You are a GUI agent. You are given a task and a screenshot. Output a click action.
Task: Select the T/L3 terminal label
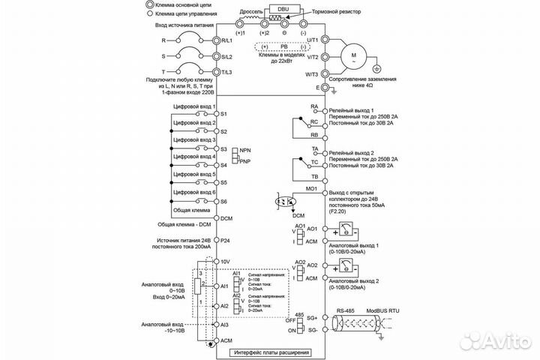tap(224, 73)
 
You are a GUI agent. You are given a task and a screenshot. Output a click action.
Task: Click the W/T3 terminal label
tap(310, 73)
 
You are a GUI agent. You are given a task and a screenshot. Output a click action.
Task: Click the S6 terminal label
tap(223, 202)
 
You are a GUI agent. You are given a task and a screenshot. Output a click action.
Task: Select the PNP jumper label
tap(244, 161)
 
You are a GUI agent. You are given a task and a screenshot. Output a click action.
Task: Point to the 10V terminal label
tap(224, 261)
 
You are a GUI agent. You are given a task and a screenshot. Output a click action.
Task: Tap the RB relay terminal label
tap(314, 137)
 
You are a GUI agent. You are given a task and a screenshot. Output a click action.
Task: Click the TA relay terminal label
tap(315, 149)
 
